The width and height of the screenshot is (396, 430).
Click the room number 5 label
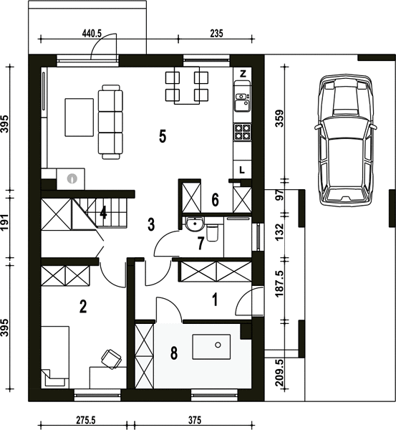(163, 136)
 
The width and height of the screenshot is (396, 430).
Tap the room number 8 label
(174, 353)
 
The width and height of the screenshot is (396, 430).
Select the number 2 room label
(83, 306)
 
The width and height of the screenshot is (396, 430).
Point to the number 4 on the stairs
(103, 213)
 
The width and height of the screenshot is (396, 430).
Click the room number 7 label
(201, 244)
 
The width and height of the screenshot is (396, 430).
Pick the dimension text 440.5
(92, 34)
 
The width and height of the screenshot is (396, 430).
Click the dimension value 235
(216, 34)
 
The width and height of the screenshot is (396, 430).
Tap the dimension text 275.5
(85, 421)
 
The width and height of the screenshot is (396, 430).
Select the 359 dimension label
(280, 118)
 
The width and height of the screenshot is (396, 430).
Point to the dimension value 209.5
(280, 373)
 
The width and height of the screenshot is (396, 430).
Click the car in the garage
(345, 140)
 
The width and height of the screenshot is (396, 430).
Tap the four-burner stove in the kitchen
(242, 132)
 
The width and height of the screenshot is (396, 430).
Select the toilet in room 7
(213, 232)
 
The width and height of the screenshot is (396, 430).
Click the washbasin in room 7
(195, 223)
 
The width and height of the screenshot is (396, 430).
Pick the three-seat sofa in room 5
(110, 122)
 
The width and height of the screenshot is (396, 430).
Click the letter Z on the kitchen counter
(243, 74)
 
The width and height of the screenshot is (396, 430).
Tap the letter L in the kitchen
(242, 170)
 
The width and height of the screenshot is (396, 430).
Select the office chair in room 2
(111, 359)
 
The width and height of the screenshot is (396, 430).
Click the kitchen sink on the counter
(242, 102)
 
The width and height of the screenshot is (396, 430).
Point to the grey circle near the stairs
(72, 178)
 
